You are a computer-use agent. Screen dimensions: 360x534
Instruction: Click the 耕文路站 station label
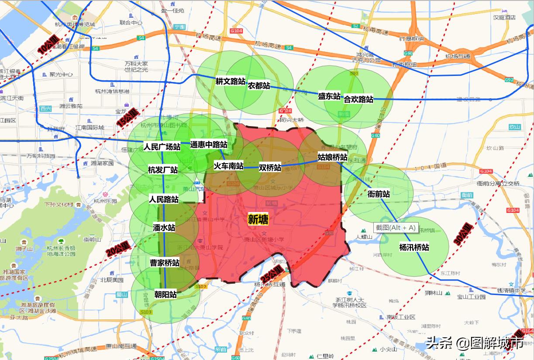click(230, 81)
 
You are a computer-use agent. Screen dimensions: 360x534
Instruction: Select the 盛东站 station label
click(329, 96)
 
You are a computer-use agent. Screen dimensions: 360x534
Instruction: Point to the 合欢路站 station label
click(358, 99)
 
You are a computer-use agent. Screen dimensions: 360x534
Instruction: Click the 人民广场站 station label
click(162, 147)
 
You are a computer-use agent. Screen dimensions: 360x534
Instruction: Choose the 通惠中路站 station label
click(209, 144)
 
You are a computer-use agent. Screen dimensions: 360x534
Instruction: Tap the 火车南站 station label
click(228, 166)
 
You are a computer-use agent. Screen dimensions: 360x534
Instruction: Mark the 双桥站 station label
click(270, 168)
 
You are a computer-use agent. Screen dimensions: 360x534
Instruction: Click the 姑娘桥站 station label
click(332, 157)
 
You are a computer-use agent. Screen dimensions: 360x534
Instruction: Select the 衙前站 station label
click(379, 194)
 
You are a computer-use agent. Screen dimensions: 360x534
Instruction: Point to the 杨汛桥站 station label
click(414, 247)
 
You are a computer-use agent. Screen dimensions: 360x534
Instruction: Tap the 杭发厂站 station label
click(163, 170)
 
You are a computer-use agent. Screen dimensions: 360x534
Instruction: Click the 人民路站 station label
click(164, 199)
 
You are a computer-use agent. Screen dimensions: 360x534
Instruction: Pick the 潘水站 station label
click(164, 227)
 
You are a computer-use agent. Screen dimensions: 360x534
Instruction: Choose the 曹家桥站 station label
click(165, 263)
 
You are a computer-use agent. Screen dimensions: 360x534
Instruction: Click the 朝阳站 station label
click(165, 295)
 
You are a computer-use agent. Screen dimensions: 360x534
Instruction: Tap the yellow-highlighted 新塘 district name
click(258, 219)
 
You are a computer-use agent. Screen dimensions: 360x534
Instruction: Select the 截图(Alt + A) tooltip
click(396, 227)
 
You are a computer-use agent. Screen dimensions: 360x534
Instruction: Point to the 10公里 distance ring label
click(48, 45)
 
